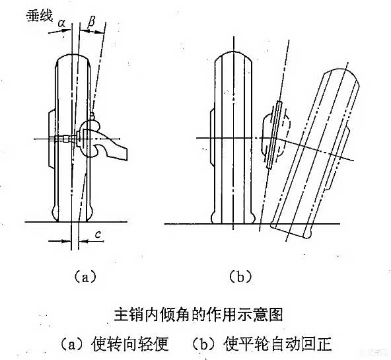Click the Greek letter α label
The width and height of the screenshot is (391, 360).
pyautogui.click(x=61, y=23)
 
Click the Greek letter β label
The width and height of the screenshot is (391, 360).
pyautogui.click(x=92, y=21)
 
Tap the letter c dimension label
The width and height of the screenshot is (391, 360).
pyautogui.click(x=98, y=234)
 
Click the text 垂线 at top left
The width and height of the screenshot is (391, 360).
pyautogui.click(x=40, y=16)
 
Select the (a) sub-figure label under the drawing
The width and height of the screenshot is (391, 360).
pyautogui.click(x=85, y=276)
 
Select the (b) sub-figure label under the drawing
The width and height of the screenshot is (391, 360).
pyautogui.click(x=240, y=276)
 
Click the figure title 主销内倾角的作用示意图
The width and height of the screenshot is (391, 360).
pyautogui.click(x=198, y=314)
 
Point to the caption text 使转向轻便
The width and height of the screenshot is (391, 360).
pyautogui.click(x=130, y=344)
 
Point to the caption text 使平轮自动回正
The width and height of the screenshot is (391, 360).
pyautogui.click(x=277, y=344)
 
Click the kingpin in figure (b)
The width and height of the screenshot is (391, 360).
pyautogui.click(x=274, y=135)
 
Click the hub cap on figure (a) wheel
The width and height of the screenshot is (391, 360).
pyautogui.click(x=52, y=139)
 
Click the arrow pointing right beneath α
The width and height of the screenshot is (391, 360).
pyautogui.click(x=59, y=32)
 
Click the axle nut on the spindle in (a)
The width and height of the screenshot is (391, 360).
pyautogui.click(x=65, y=139)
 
